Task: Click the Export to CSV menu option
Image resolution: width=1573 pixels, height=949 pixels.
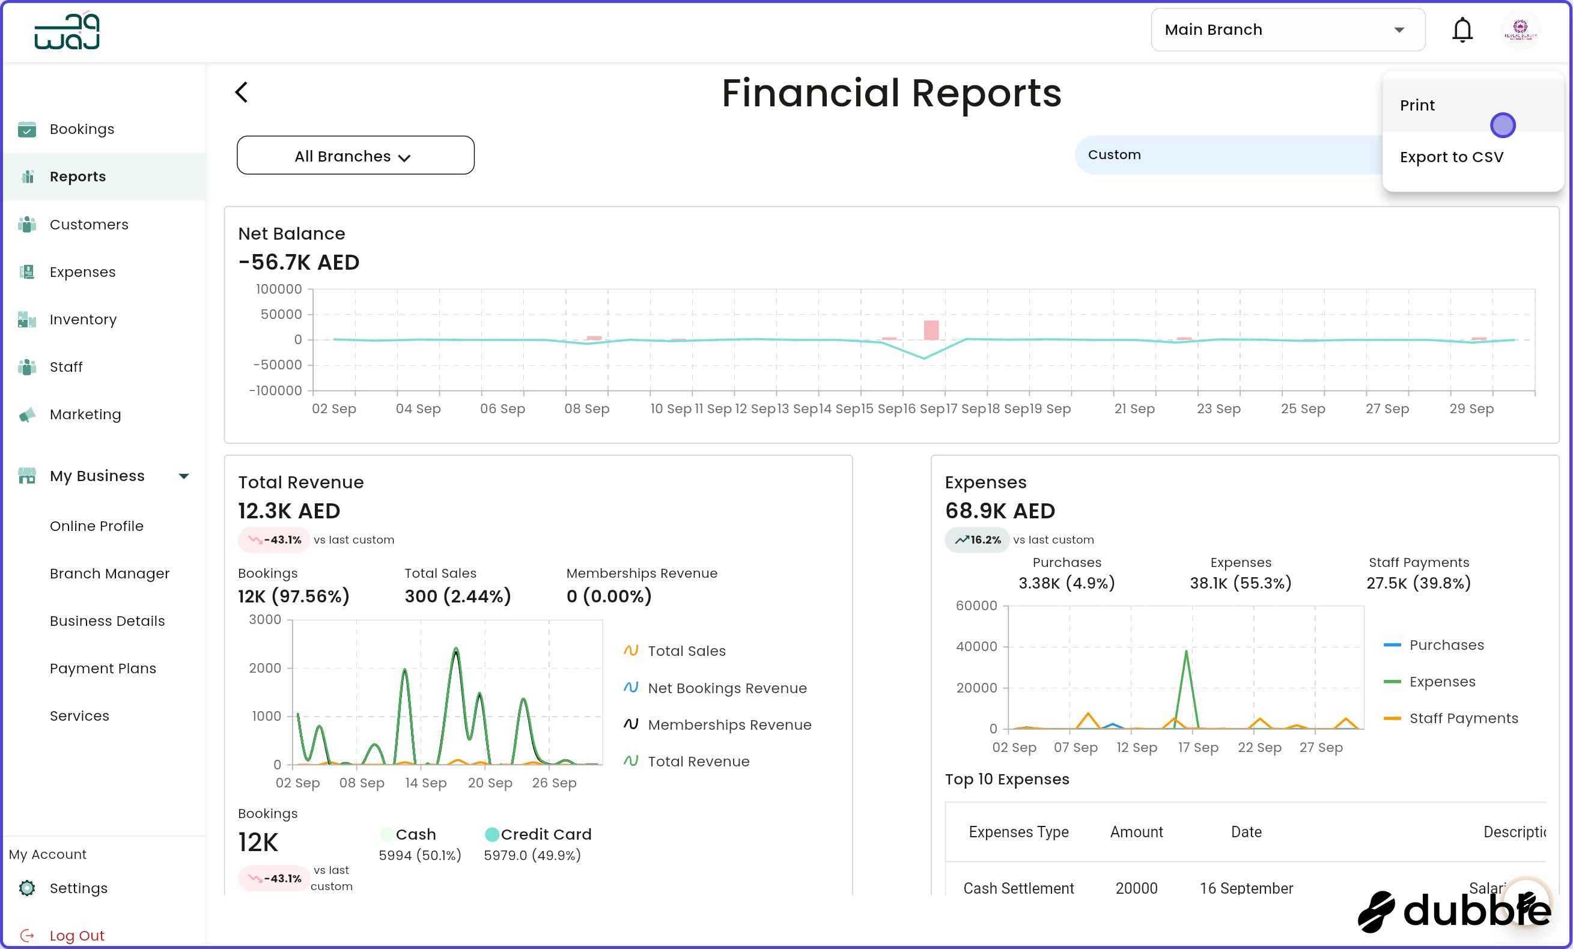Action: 1451,157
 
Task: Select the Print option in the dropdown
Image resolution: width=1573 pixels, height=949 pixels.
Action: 1417,105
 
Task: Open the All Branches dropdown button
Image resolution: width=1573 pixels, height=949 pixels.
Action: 355,156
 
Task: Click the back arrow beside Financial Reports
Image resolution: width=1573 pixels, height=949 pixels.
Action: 242,92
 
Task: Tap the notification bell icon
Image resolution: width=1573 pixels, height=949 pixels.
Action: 1461,30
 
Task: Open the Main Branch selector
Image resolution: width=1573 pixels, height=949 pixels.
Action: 1287,30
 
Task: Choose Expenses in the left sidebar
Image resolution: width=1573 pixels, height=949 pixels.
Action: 82,272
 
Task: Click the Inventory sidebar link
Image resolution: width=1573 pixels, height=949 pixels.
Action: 83,319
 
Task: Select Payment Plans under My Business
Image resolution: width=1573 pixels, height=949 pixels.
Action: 103,668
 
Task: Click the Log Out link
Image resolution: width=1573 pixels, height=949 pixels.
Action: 77,935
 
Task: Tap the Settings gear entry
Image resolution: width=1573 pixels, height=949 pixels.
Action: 78,888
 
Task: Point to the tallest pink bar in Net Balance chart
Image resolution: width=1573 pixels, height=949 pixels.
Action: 931,330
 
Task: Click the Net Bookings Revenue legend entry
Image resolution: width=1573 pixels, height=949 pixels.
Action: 726,688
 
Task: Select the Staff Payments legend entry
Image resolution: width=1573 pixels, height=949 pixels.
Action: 1462,718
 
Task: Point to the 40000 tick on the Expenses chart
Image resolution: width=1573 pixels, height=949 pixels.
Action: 976,646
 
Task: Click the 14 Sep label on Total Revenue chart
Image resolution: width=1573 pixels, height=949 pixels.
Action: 425,783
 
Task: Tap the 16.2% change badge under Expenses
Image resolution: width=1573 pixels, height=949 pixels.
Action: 977,540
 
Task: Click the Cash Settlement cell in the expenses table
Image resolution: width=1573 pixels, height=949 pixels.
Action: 1018,888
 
